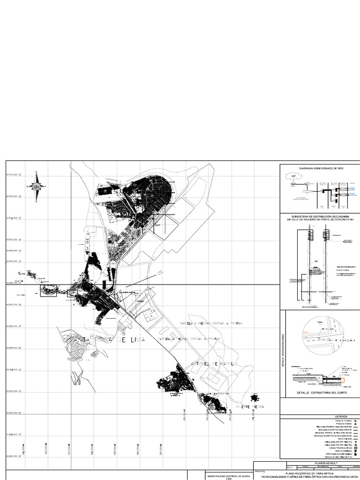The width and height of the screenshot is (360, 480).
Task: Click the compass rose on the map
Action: [36, 187]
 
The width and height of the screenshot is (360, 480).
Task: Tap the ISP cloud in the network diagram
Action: [294, 177]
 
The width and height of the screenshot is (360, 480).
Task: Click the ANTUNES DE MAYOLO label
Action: [214, 364]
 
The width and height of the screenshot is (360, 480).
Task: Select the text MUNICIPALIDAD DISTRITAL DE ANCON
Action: [229, 476]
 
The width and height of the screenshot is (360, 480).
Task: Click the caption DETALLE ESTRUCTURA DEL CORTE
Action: [322, 392]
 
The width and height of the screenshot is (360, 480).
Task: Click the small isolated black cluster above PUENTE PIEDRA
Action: [254, 398]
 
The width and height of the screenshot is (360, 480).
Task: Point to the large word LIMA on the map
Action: [132, 340]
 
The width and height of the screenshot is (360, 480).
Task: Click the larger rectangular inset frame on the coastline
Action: [49, 291]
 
